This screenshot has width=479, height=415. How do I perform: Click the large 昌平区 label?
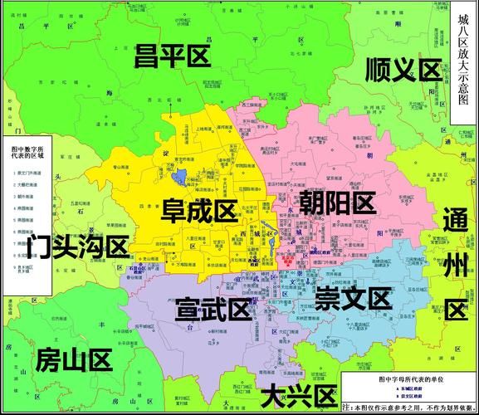[x=173, y=56]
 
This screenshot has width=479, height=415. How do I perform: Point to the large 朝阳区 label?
[x=338, y=203]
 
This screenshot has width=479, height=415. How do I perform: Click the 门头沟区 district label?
[x=78, y=247]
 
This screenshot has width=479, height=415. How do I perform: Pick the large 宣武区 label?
[x=213, y=310]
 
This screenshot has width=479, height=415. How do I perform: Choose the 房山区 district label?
[x=74, y=360]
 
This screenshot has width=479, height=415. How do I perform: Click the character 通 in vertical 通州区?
[x=456, y=222]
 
